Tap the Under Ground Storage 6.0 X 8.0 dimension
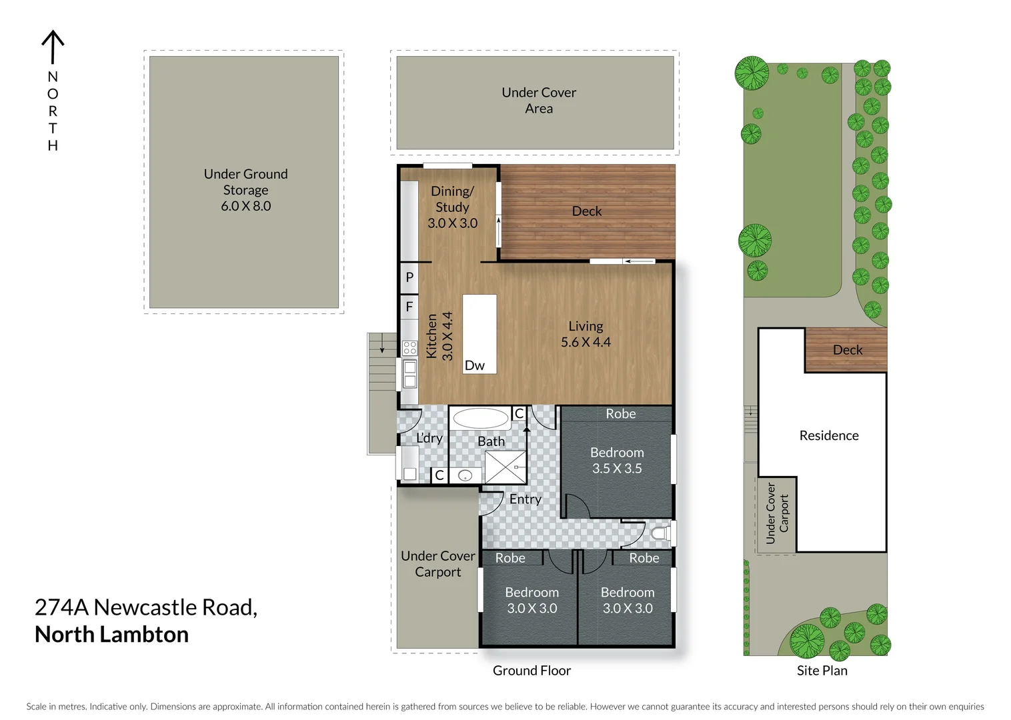coord(245,206)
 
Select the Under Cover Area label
coord(538,101)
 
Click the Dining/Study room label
coord(452,199)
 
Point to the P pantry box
coord(409,277)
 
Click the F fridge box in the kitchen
coord(409,307)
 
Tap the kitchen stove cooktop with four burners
coord(409,347)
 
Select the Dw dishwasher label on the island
coord(474,365)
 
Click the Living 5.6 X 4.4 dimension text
coord(585,342)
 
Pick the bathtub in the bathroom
coord(479,419)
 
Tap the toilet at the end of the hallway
coord(660,533)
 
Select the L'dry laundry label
coord(429,438)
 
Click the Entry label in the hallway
coord(525,499)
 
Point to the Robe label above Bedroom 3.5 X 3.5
coord(620,414)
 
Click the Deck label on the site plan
coord(847,350)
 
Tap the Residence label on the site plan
coord(828,435)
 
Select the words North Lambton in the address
coord(111,635)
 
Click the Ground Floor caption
coord(532,671)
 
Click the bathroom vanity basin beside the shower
coord(465,475)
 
